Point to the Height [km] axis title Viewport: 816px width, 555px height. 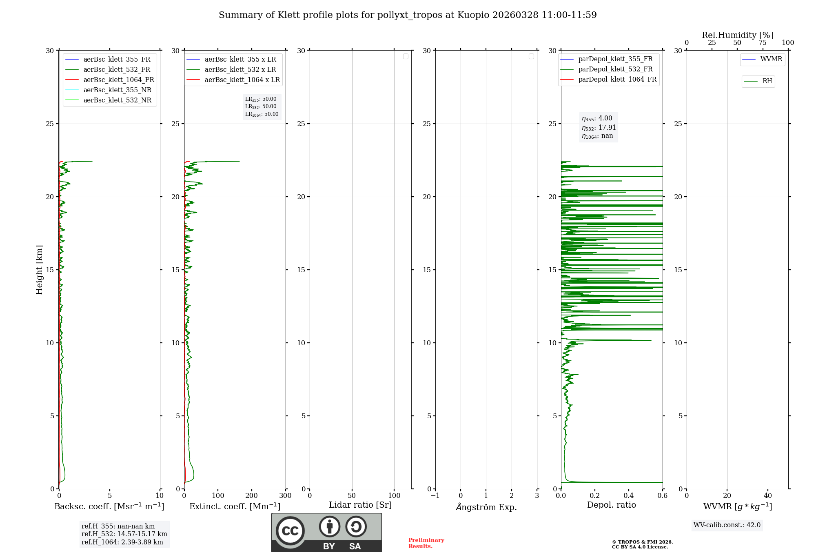(39, 270)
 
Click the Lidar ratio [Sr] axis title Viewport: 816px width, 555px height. (360, 505)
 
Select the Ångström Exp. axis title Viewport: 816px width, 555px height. (486, 507)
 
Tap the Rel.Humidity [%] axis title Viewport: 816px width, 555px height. (737, 35)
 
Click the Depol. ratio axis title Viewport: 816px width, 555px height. (611, 505)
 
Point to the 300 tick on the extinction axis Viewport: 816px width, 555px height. (286, 496)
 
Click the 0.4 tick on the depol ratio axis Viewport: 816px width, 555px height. (629, 496)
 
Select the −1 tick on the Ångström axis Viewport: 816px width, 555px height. (435, 496)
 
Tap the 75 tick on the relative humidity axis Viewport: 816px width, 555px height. (763, 43)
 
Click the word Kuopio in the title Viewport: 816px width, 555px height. (473, 15)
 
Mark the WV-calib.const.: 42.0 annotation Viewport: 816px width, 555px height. (727, 525)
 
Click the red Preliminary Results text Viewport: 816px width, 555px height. (426, 543)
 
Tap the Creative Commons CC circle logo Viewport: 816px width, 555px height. (290, 531)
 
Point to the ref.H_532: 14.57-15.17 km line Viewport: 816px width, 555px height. (124, 534)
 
